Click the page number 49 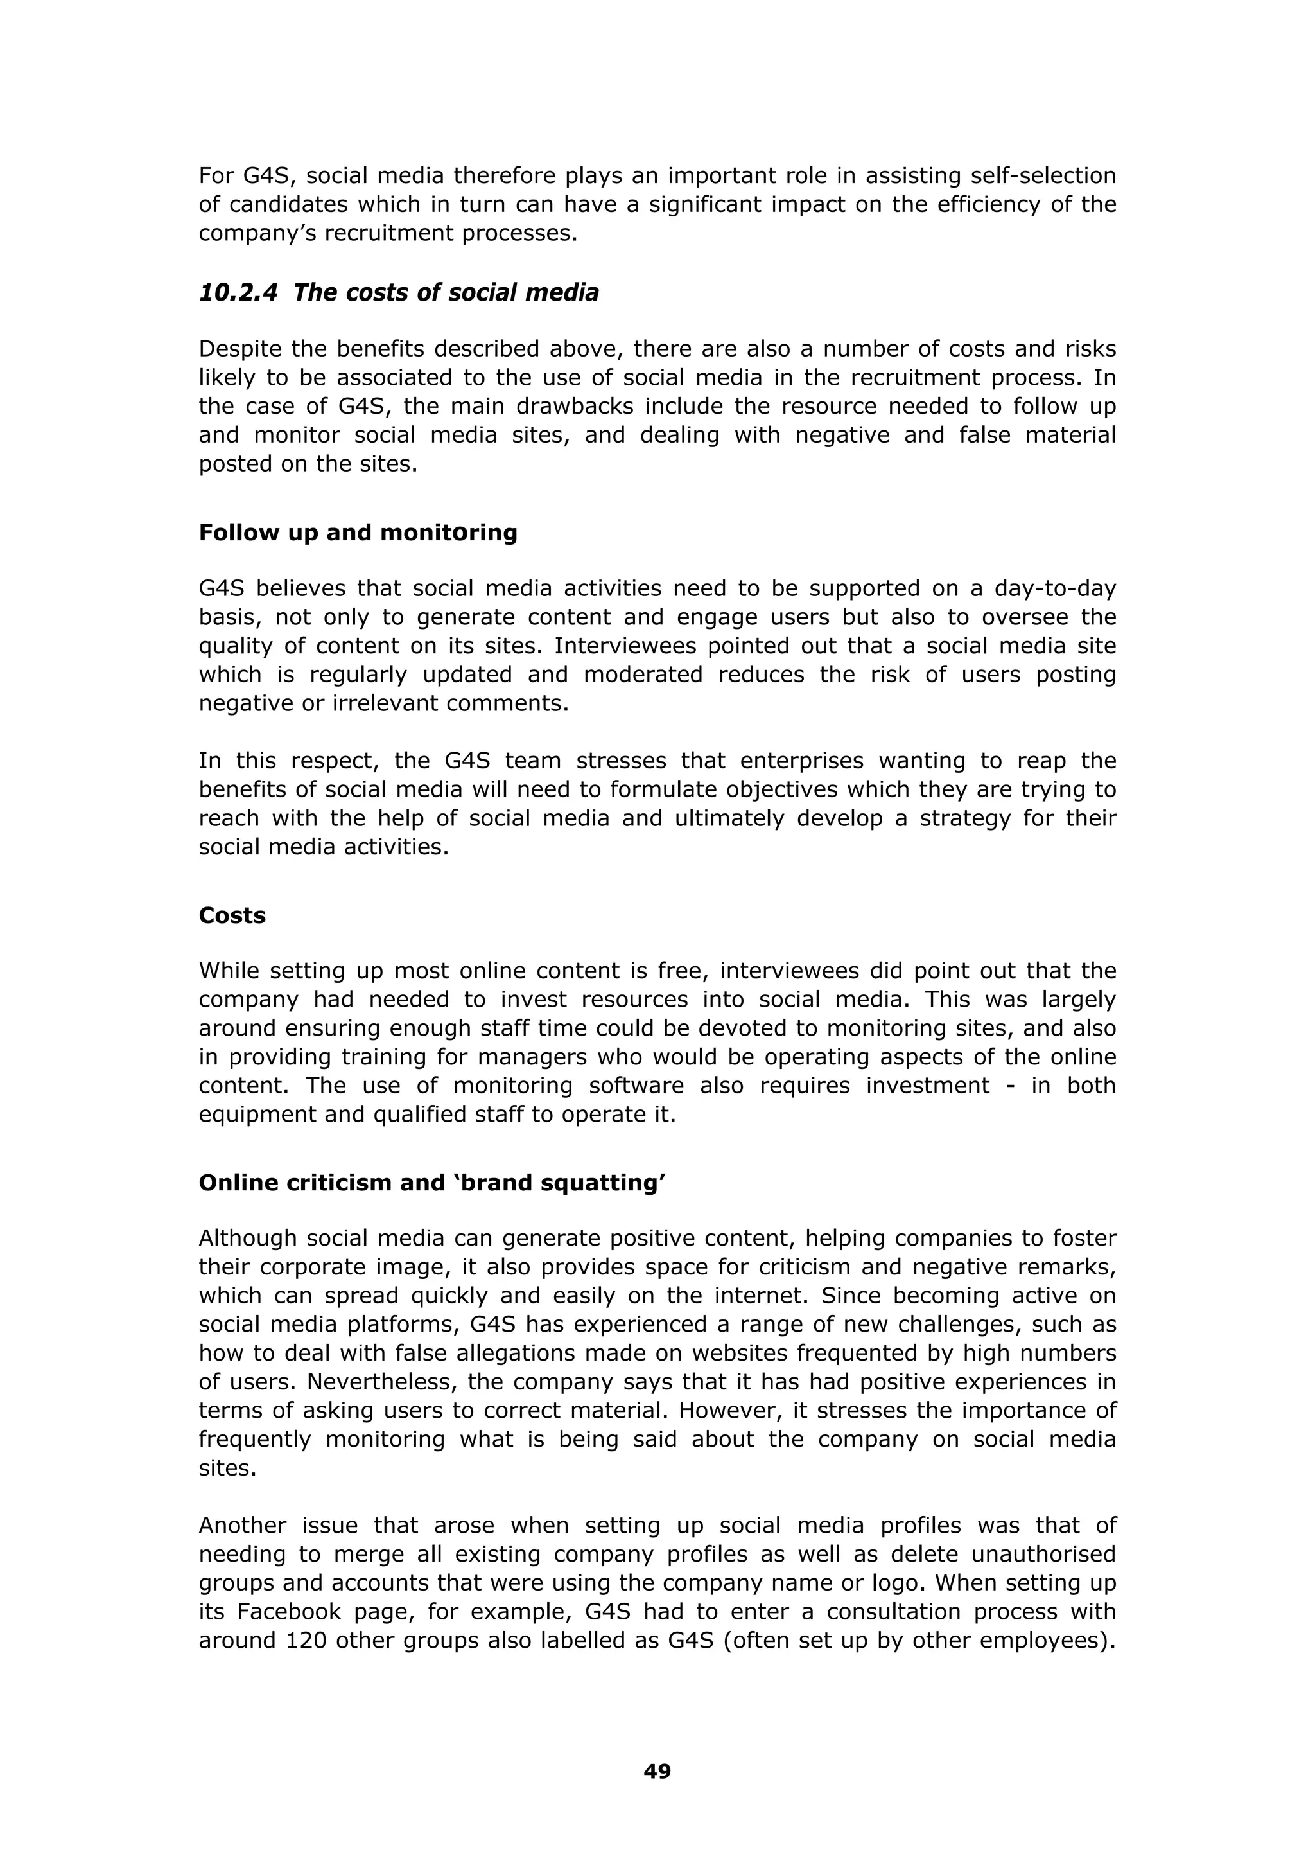[x=657, y=1771]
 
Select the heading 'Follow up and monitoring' [x=357, y=533]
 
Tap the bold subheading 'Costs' [x=232, y=915]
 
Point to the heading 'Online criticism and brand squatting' [x=432, y=1183]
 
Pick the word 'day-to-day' [x=1055, y=588]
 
